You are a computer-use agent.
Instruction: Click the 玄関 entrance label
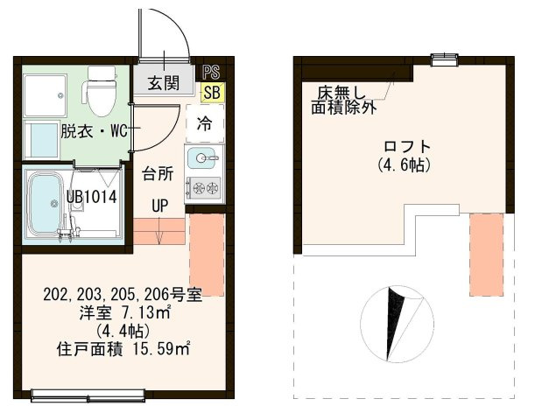point(163,84)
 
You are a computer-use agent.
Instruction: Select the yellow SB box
point(211,91)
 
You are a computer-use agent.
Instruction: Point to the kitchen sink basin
point(204,158)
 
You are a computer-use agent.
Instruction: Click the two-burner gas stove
point(204,187)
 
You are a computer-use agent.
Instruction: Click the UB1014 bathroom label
point(92,197)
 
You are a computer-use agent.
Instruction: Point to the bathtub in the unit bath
point(44,204)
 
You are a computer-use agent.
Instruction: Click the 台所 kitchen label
point(158,172)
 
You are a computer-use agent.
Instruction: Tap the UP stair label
point(159,206)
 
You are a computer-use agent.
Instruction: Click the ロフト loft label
point(407,146)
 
